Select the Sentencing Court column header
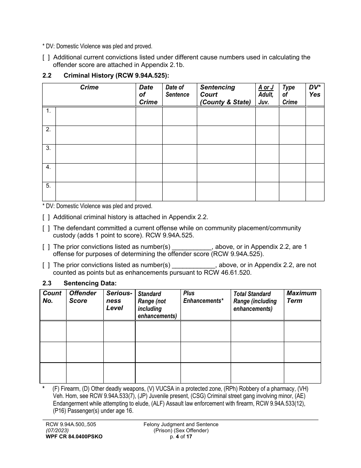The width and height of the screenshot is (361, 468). (x=226, y=94)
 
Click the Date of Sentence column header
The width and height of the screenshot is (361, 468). (x=177, y=91)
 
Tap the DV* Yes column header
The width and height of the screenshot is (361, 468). (x=314, y=91)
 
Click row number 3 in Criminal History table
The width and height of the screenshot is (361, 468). (x=49, y=148)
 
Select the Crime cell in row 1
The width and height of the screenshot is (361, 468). (x=95, y=116)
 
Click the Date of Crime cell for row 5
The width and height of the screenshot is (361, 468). (x=149, y=191)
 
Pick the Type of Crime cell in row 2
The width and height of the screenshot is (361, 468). (x=292, y=135)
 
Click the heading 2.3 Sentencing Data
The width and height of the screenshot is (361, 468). (x=79, y=283)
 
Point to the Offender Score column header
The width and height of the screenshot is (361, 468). (x=83, y=297)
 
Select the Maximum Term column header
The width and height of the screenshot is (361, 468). (x=301, y=297)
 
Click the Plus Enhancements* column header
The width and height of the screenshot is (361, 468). (x=203, y=297)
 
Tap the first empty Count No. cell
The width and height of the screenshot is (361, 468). (x=53, y=331)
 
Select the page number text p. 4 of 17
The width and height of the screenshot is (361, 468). (x=181, y=437)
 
